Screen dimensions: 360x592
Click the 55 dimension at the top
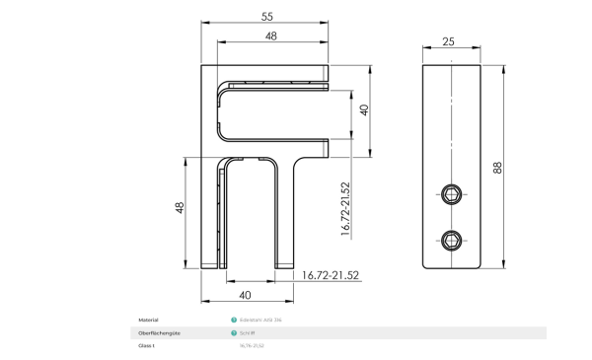click(266, 17)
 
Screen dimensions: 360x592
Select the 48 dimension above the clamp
click(270, 36)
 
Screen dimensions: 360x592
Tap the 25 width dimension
click(448, 40)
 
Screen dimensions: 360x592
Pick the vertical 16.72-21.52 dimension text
click(346, 208)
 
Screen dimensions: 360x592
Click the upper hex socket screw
click(452, 192)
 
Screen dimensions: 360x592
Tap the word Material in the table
click(148, 320)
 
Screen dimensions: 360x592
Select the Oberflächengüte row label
click(157, 332)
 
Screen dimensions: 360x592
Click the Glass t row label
click(147, 345)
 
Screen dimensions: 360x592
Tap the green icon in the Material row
click(234, 320)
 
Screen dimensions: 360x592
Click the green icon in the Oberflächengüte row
click(234, 332)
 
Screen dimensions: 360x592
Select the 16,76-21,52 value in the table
click(252, 345)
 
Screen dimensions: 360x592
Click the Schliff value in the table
click(248, 332)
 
